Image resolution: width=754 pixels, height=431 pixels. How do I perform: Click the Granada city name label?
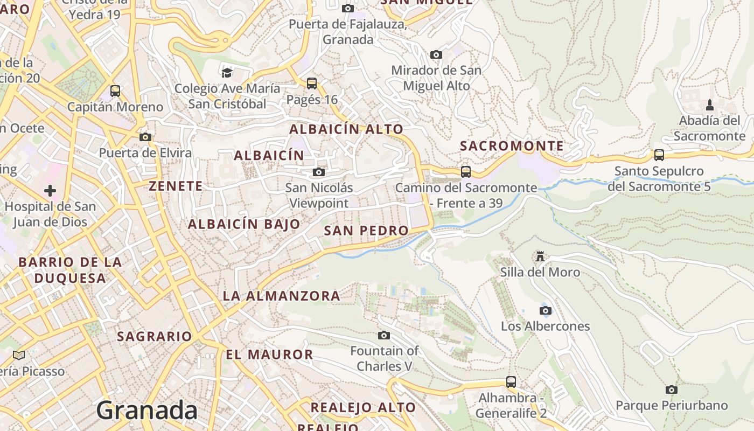tap(147, 411)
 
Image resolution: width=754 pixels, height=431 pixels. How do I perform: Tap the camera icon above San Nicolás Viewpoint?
tap(319, 172)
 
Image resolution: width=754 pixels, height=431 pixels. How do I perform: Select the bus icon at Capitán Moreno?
tap(115, 91)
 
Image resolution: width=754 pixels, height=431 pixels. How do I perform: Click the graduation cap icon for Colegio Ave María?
tap(227, 72)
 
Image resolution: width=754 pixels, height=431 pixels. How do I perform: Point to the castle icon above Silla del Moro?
tap(540, 256)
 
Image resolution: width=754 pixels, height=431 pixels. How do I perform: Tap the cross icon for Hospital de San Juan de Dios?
tap(50, 191)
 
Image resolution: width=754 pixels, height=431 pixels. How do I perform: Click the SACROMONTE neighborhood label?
tap(512, 146)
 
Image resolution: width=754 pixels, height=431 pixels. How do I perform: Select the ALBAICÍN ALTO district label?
tap(346, 129)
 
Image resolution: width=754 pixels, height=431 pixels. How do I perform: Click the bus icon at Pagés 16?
tap(312, 84)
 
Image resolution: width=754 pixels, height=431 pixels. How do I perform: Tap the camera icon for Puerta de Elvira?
tap(145, 137)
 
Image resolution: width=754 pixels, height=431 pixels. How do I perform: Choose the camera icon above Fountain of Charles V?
tap(384, 336)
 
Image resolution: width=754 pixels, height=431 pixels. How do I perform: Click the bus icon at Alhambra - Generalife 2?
tap(511, 382)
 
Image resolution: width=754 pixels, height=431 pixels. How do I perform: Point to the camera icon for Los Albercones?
tap(546, 311)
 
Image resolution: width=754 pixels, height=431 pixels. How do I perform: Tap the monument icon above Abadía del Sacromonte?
tap(710, 105)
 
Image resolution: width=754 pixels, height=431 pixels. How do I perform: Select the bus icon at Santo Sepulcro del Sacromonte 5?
tap(659, 155)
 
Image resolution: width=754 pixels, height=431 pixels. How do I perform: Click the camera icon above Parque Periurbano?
tap(672, 390)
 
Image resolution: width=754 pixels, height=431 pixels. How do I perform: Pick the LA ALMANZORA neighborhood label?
tap(281, 296)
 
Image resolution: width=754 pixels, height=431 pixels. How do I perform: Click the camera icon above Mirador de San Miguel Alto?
tap(436, 54)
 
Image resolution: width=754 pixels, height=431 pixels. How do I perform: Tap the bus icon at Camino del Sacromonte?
tap(466, 172)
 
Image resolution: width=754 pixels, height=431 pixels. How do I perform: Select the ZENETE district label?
tap(176, 186)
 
